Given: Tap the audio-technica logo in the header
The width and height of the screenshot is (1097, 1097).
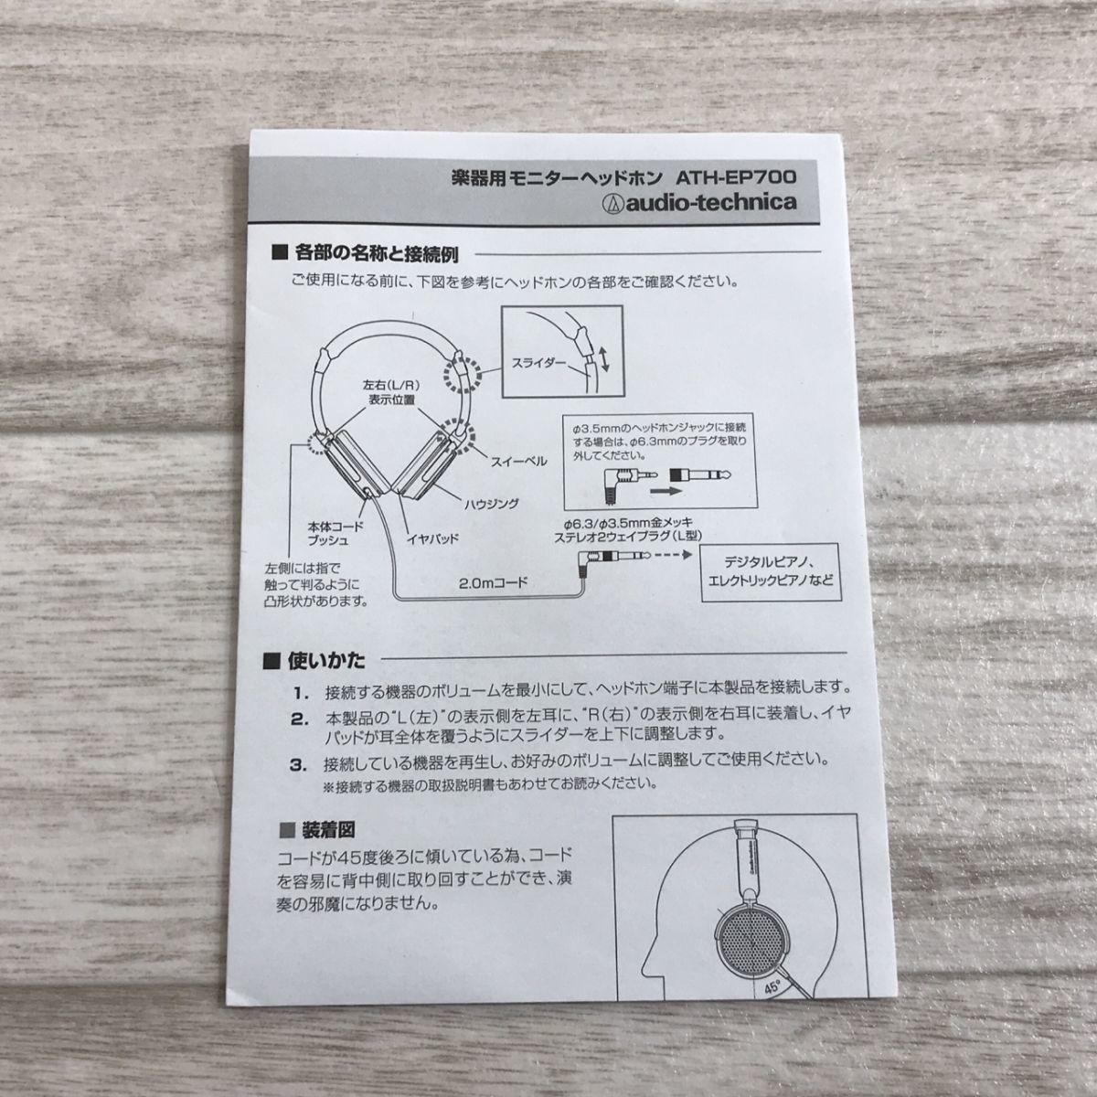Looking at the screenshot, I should (x=692, y=202).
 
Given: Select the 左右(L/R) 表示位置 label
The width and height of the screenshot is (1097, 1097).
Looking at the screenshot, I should (x=383, y=392).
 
